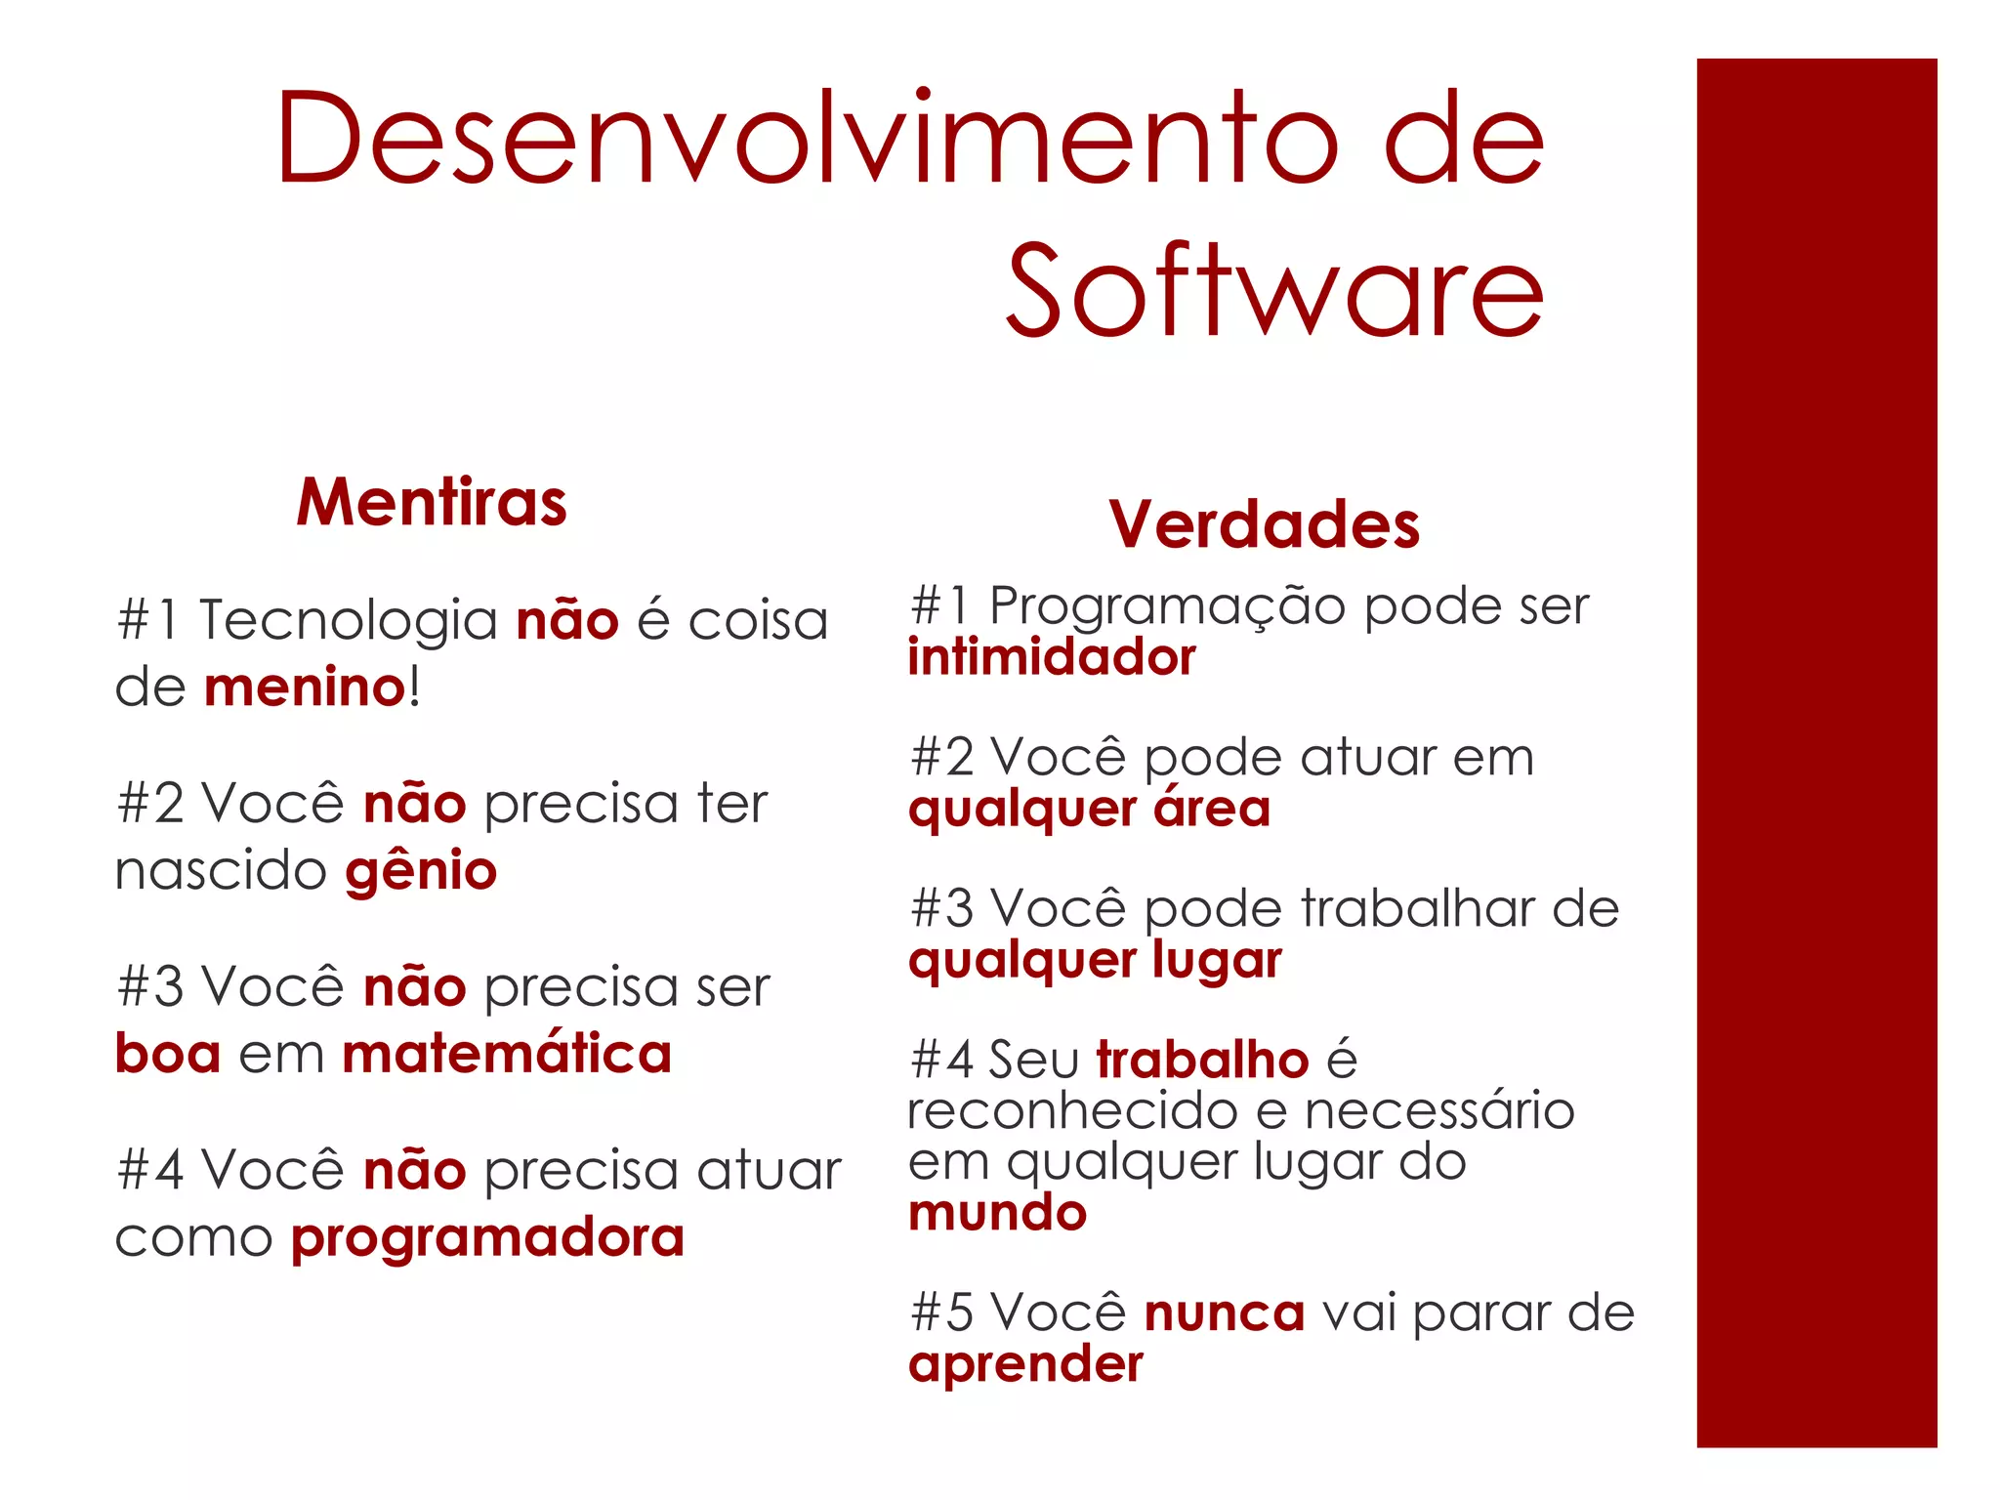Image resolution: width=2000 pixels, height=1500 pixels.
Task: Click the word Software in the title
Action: pos(1274,291)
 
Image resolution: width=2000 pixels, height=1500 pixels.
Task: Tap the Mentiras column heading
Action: pos(432,503)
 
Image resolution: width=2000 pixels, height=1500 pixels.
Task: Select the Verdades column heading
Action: pos(1264,525)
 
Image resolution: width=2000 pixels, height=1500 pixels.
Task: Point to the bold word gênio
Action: pos(421,871)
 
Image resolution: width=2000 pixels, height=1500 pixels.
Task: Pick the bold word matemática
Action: pos(507,1055)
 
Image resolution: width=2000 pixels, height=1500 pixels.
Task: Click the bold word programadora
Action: pos(487,1238)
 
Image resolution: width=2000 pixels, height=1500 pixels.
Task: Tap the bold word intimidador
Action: pos(1052,657)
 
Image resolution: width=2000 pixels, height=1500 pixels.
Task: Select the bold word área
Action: pos(1212,809)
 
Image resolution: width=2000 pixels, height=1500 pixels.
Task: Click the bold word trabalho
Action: pos(1202,1060)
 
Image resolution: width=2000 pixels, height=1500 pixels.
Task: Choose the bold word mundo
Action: pos(997,1213)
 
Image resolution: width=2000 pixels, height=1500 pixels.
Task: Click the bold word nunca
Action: pos(1224,1313)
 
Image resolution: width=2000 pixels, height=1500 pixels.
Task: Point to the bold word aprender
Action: pos(1025,1364)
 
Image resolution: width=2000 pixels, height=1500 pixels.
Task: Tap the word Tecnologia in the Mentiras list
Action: pos(349,620)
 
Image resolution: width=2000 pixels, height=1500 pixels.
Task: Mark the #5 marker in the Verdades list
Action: pos(941,1313)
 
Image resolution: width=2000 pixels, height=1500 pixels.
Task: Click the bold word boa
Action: pos(168,1055)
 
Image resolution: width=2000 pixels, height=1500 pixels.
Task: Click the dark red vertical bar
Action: pos(1816,752)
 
